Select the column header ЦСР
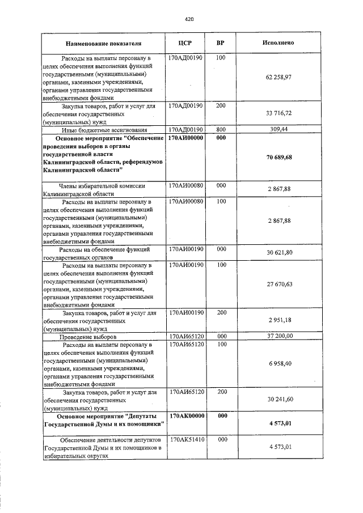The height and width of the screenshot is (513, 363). tap(186, 43)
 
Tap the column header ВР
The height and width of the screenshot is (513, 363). tap(221, 43)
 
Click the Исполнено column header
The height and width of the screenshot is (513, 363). tap(278, 43)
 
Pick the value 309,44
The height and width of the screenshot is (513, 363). tap(278, 129)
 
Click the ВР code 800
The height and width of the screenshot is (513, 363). tap(221, 129)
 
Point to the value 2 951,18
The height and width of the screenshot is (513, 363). tap(278, 320)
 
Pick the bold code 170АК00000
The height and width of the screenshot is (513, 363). tap(187, 416)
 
